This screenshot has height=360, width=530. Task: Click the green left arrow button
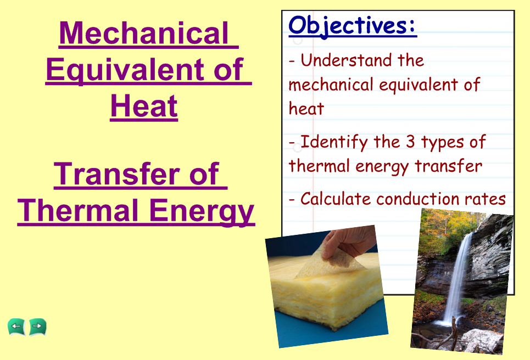[16, 327]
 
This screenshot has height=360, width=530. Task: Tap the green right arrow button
[37, 327]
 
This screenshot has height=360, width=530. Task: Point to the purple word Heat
[144, 106]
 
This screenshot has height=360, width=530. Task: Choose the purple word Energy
[202, 211]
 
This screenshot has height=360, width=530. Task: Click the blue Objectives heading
[353, 26]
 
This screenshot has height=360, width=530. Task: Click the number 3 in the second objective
[410, 142]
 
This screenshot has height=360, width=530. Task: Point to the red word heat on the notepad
[306, 109]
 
